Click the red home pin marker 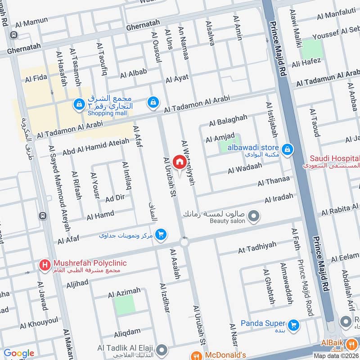(179, 161)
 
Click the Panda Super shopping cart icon (294, 324)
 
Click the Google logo (18, 354)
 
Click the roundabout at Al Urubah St (184, 243)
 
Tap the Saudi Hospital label (334, 159)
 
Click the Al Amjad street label (220, 138)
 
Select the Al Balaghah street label (228, 120)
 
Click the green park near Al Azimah (124, 305)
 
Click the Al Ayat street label (177, 79)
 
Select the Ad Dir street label (115, 198)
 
